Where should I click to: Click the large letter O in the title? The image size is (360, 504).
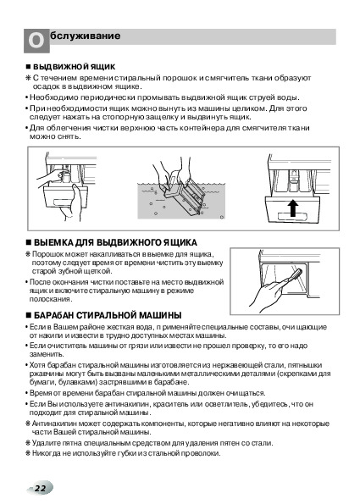36,42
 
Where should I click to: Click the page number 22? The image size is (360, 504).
40,489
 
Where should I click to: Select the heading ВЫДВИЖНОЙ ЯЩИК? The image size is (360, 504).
75,67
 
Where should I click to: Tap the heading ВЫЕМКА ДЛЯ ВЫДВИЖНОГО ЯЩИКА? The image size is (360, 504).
115,242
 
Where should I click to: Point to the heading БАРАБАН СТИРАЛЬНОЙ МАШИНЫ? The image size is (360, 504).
108,315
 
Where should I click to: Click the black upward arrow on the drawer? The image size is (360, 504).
292,208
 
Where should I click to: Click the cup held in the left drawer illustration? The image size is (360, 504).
65,176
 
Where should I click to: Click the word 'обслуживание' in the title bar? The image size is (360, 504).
86,35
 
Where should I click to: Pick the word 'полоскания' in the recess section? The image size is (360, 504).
50,299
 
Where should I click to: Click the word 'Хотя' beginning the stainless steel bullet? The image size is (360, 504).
37,365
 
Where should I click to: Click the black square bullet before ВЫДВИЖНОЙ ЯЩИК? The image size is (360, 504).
28,67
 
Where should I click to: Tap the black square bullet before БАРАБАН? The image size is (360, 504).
29,315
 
